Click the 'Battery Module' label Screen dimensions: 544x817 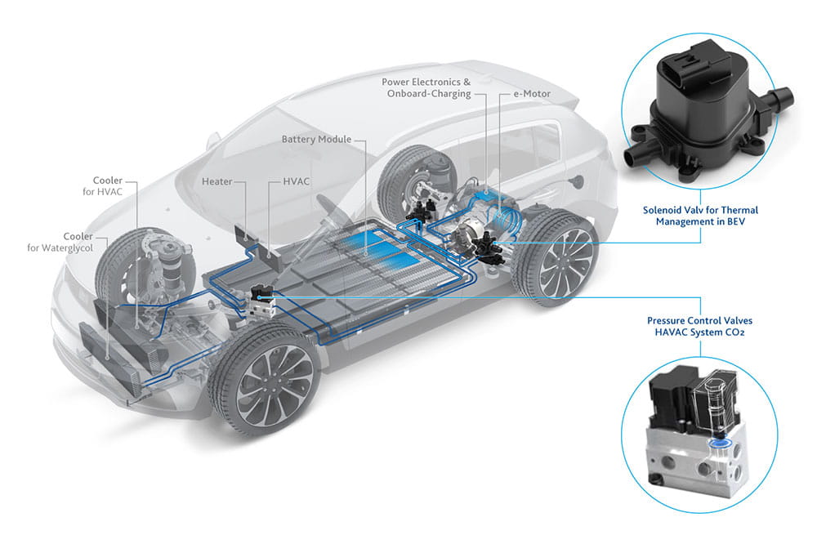(316, 140)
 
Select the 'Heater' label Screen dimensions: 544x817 (217, 181)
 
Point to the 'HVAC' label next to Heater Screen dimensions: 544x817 (294, 181)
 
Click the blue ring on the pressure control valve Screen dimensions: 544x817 (720, 444)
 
